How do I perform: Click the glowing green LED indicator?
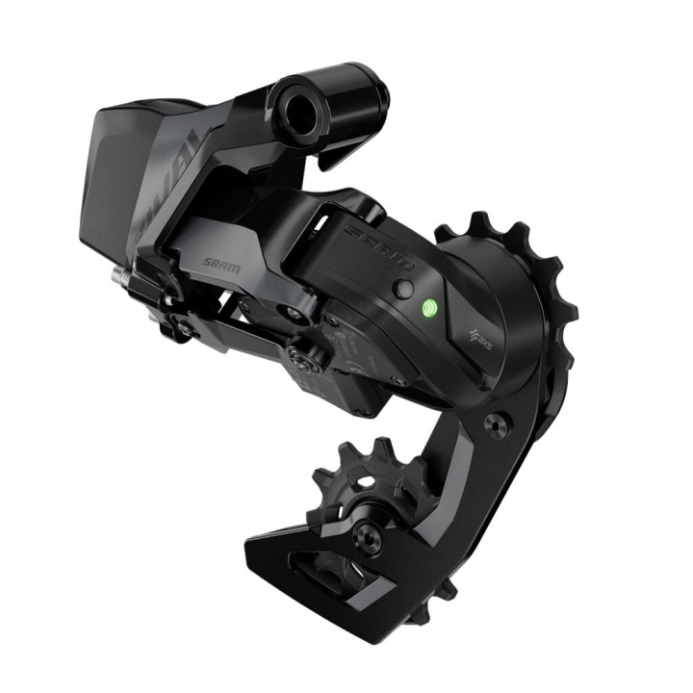428,309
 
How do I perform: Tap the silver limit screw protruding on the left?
120,275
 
